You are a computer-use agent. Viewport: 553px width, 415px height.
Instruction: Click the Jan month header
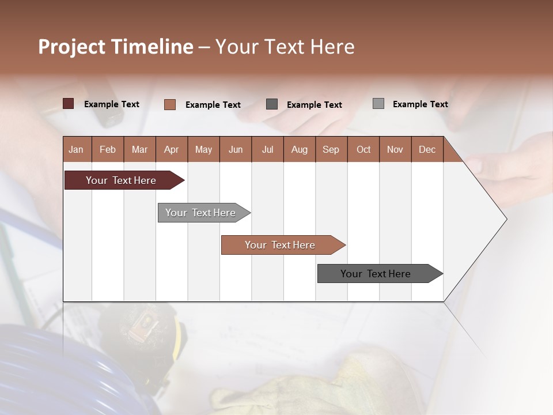click(76, 149)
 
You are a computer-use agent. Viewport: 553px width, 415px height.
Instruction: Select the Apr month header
click(172, 149)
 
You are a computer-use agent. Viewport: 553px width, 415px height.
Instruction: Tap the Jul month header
click(267, 149)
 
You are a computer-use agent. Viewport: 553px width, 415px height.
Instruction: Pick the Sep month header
click(331, 149)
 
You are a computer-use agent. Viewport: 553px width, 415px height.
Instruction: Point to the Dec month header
click(427, 149)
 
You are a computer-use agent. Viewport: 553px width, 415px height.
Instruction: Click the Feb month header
click(108, 149)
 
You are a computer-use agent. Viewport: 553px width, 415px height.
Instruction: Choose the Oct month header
click(363, 149)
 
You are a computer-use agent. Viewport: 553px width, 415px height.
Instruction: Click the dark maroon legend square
click(69, 104)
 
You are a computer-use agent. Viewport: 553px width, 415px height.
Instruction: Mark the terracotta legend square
click(170, 104)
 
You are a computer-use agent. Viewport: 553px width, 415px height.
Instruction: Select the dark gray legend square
click(272, 104)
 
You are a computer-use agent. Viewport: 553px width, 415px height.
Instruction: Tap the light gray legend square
click(378, 104)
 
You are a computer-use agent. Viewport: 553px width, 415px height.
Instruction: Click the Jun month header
click(236, 149)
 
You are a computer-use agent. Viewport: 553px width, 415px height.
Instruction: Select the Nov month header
click(395, 149)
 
